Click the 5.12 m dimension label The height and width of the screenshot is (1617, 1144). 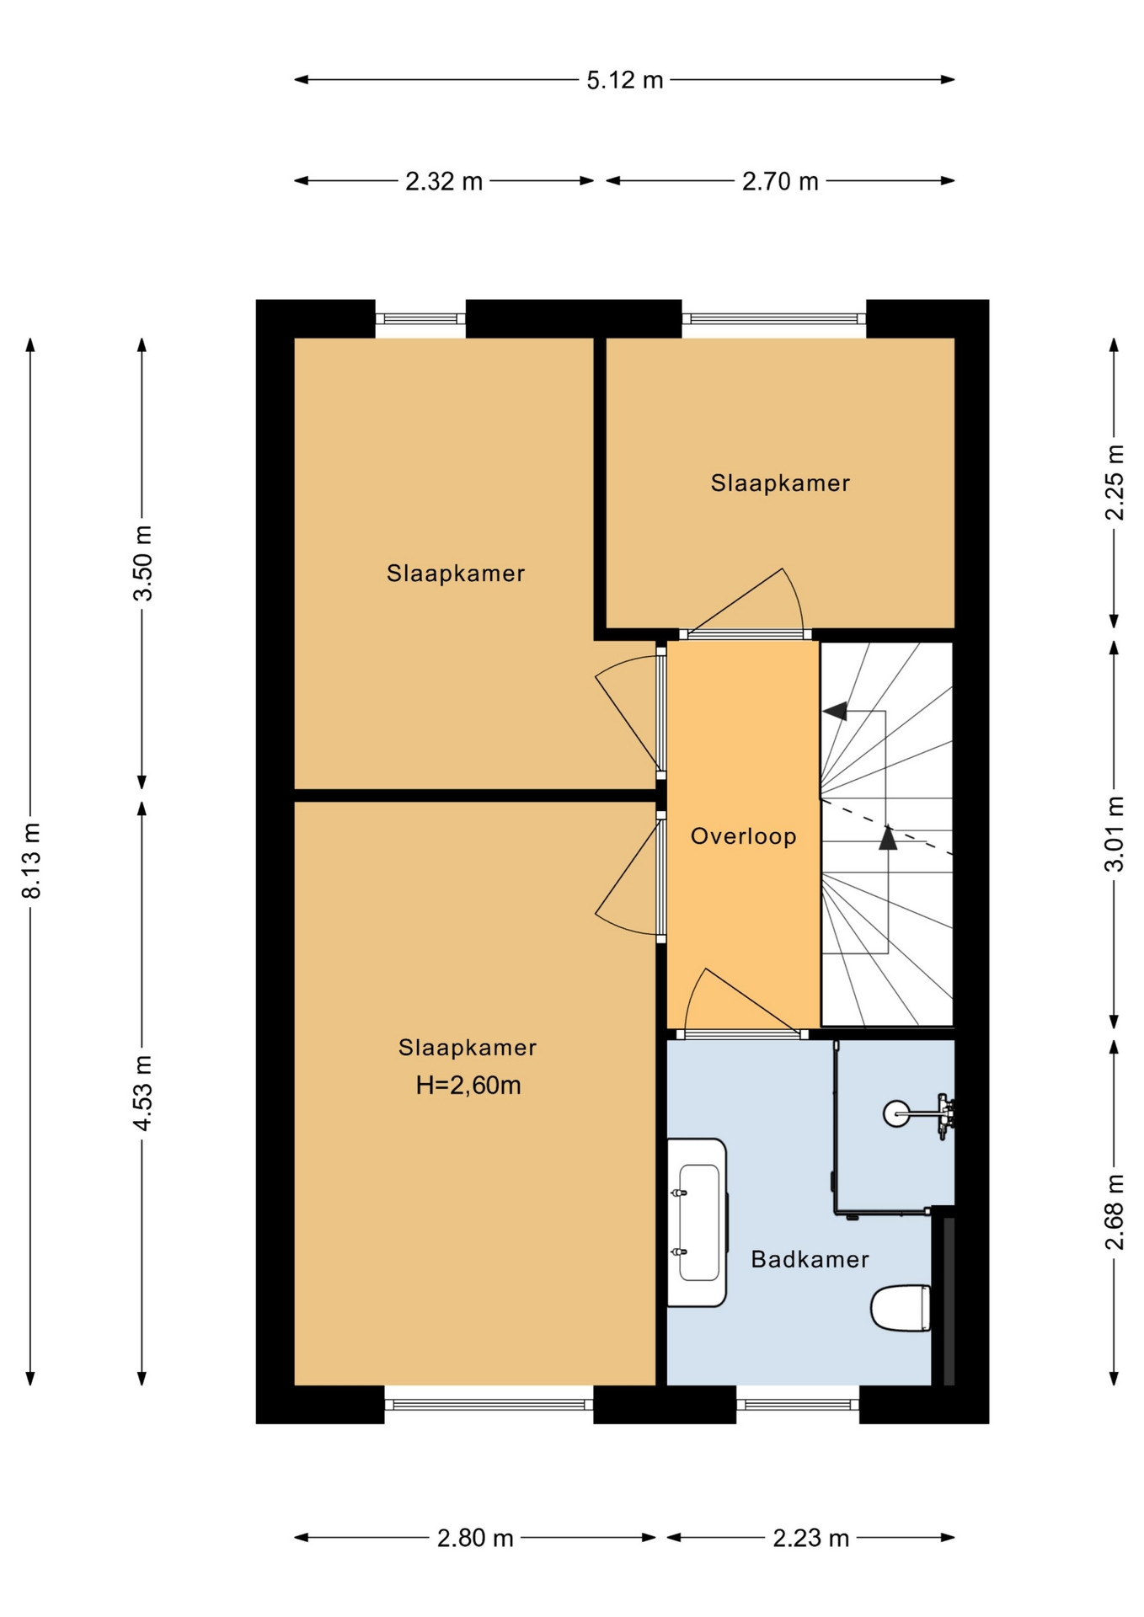coord(625,80)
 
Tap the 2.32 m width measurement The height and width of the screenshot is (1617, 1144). coord(444,181)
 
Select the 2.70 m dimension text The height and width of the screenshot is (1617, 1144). coord(780,181)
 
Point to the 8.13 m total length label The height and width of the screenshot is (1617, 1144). coord(31,860)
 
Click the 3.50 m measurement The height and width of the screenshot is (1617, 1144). coord(143,563)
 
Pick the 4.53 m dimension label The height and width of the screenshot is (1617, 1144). coord(143,1093)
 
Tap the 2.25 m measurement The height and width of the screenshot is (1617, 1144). coord(1115,483)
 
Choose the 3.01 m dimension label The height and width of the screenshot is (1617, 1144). coord(1115,834)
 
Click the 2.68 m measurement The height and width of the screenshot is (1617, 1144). coord(1115,1212)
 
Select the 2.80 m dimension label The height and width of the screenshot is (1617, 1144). coord(475,1538)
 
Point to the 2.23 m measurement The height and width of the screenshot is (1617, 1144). coord(811,1538)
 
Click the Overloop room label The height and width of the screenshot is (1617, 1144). coord(744,836)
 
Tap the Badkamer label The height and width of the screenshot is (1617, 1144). coord(810,1259)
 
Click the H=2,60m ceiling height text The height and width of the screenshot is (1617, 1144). coord(468,1085)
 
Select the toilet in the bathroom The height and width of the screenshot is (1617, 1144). coord(901,1308)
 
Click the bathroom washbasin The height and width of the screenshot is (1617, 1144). coord(698,1223)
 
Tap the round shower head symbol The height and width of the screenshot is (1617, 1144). coord(895,1113)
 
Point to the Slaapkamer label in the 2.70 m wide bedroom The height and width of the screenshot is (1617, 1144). coord(780,483)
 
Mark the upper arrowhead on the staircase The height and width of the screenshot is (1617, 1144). coord(836,711)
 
